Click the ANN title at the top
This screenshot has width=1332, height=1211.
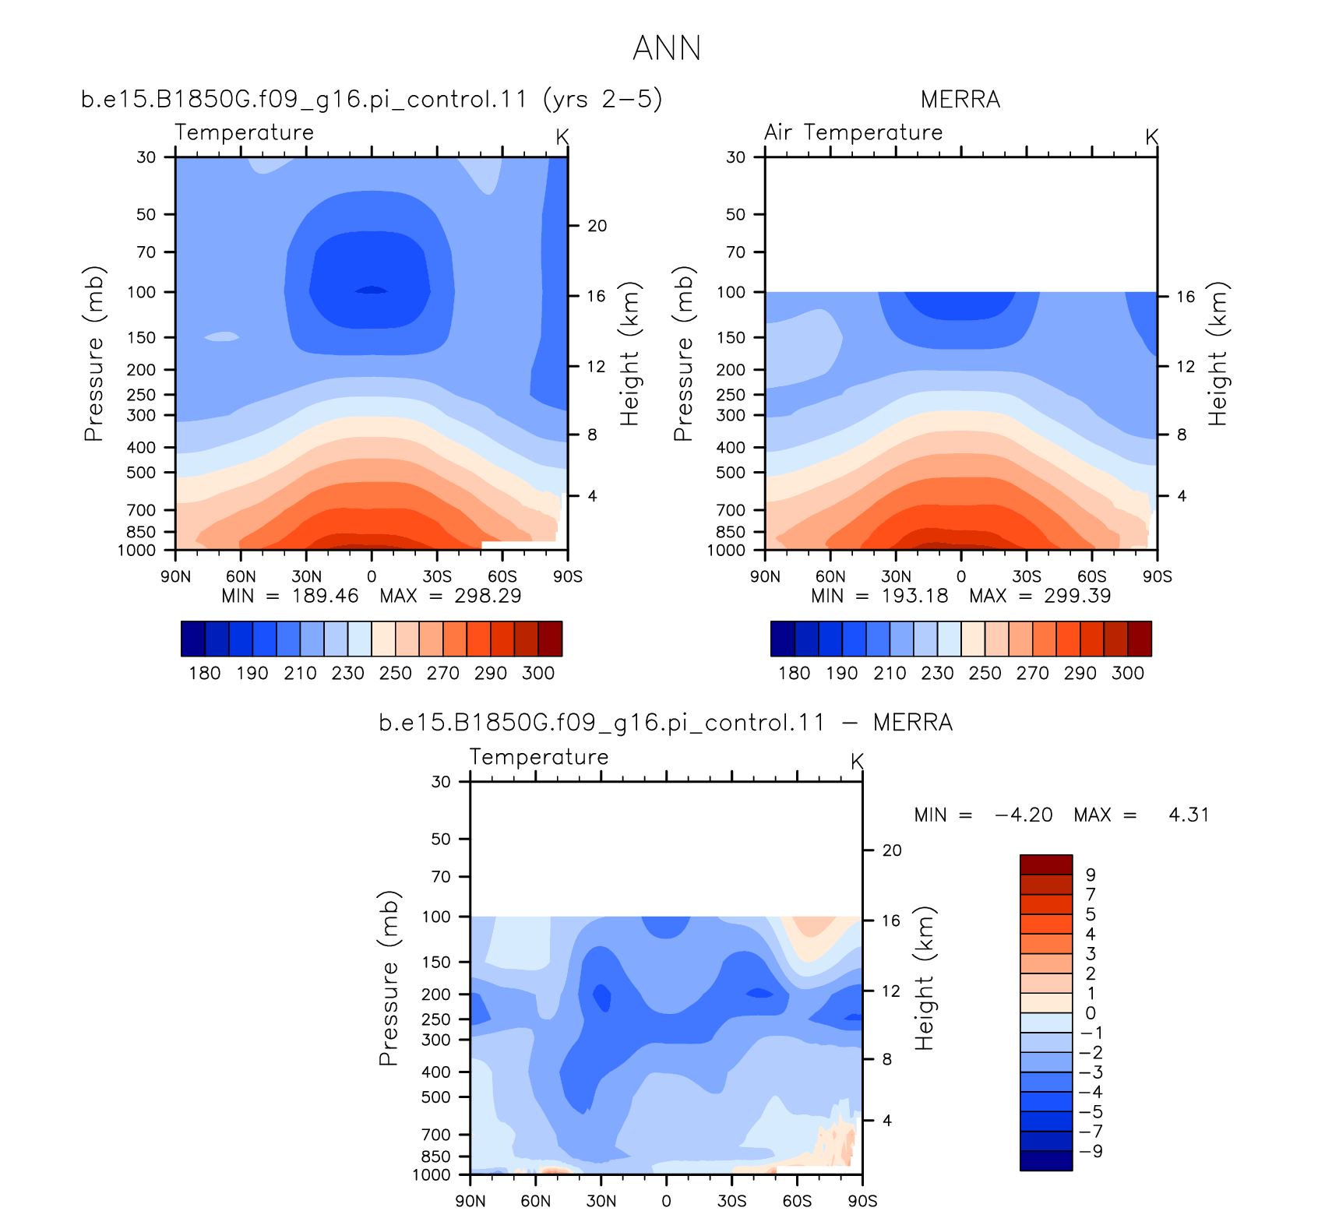(x=667, y=48)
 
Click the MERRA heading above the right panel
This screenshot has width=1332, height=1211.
(x=960, y=100)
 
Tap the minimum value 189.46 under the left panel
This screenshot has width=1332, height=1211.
(x=326, y=596)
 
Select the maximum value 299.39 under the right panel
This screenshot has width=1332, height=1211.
(x=1077, y=596)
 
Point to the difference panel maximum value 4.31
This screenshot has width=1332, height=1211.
(x=1189, y=815)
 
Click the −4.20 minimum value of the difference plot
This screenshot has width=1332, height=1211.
(x=1024, y=815)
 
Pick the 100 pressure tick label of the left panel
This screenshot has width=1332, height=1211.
(x=141, y=292)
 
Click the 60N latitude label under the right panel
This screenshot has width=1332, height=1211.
(x=830, y=576)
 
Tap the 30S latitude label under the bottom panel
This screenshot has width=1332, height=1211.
(x=731, y=1201)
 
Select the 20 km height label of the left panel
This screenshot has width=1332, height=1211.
(x=597, y=226)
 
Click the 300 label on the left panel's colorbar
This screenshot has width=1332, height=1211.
(x=538, y=673)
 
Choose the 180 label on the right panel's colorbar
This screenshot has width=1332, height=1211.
(x=795, y=673)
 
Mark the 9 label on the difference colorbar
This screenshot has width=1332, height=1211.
(x=1091, y=875)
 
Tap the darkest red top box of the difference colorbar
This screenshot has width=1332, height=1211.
(x=1046, y=864)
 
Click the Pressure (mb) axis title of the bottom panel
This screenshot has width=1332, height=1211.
(x=389, y=978)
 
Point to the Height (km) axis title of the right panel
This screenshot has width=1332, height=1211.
(x=1217, y=353)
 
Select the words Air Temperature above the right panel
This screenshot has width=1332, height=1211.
(x=853, y=132)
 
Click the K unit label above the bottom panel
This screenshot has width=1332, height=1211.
(x=857, y=761)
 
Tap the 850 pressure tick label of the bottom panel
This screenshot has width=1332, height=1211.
(x=436, y=1156)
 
